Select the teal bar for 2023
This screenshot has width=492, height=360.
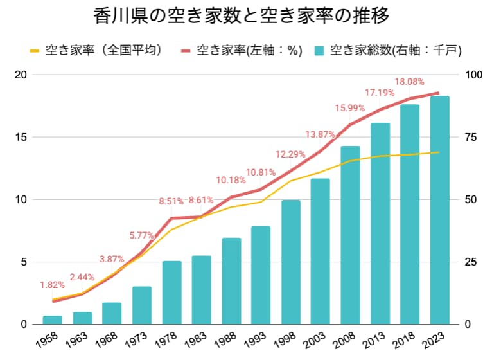(439, 210)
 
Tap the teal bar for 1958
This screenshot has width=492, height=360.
(52, 319)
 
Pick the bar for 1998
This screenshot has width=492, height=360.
(290, 262)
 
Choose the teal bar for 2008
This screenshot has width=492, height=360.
(350, 235)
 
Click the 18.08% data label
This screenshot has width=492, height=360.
(408, 82)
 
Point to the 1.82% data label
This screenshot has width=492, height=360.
(52, 285)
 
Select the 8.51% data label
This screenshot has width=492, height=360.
(172, 201)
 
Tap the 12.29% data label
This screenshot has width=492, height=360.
(291, 154)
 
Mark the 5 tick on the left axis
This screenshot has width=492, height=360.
(23, 262)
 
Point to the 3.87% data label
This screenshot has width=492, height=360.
(112, 259)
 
